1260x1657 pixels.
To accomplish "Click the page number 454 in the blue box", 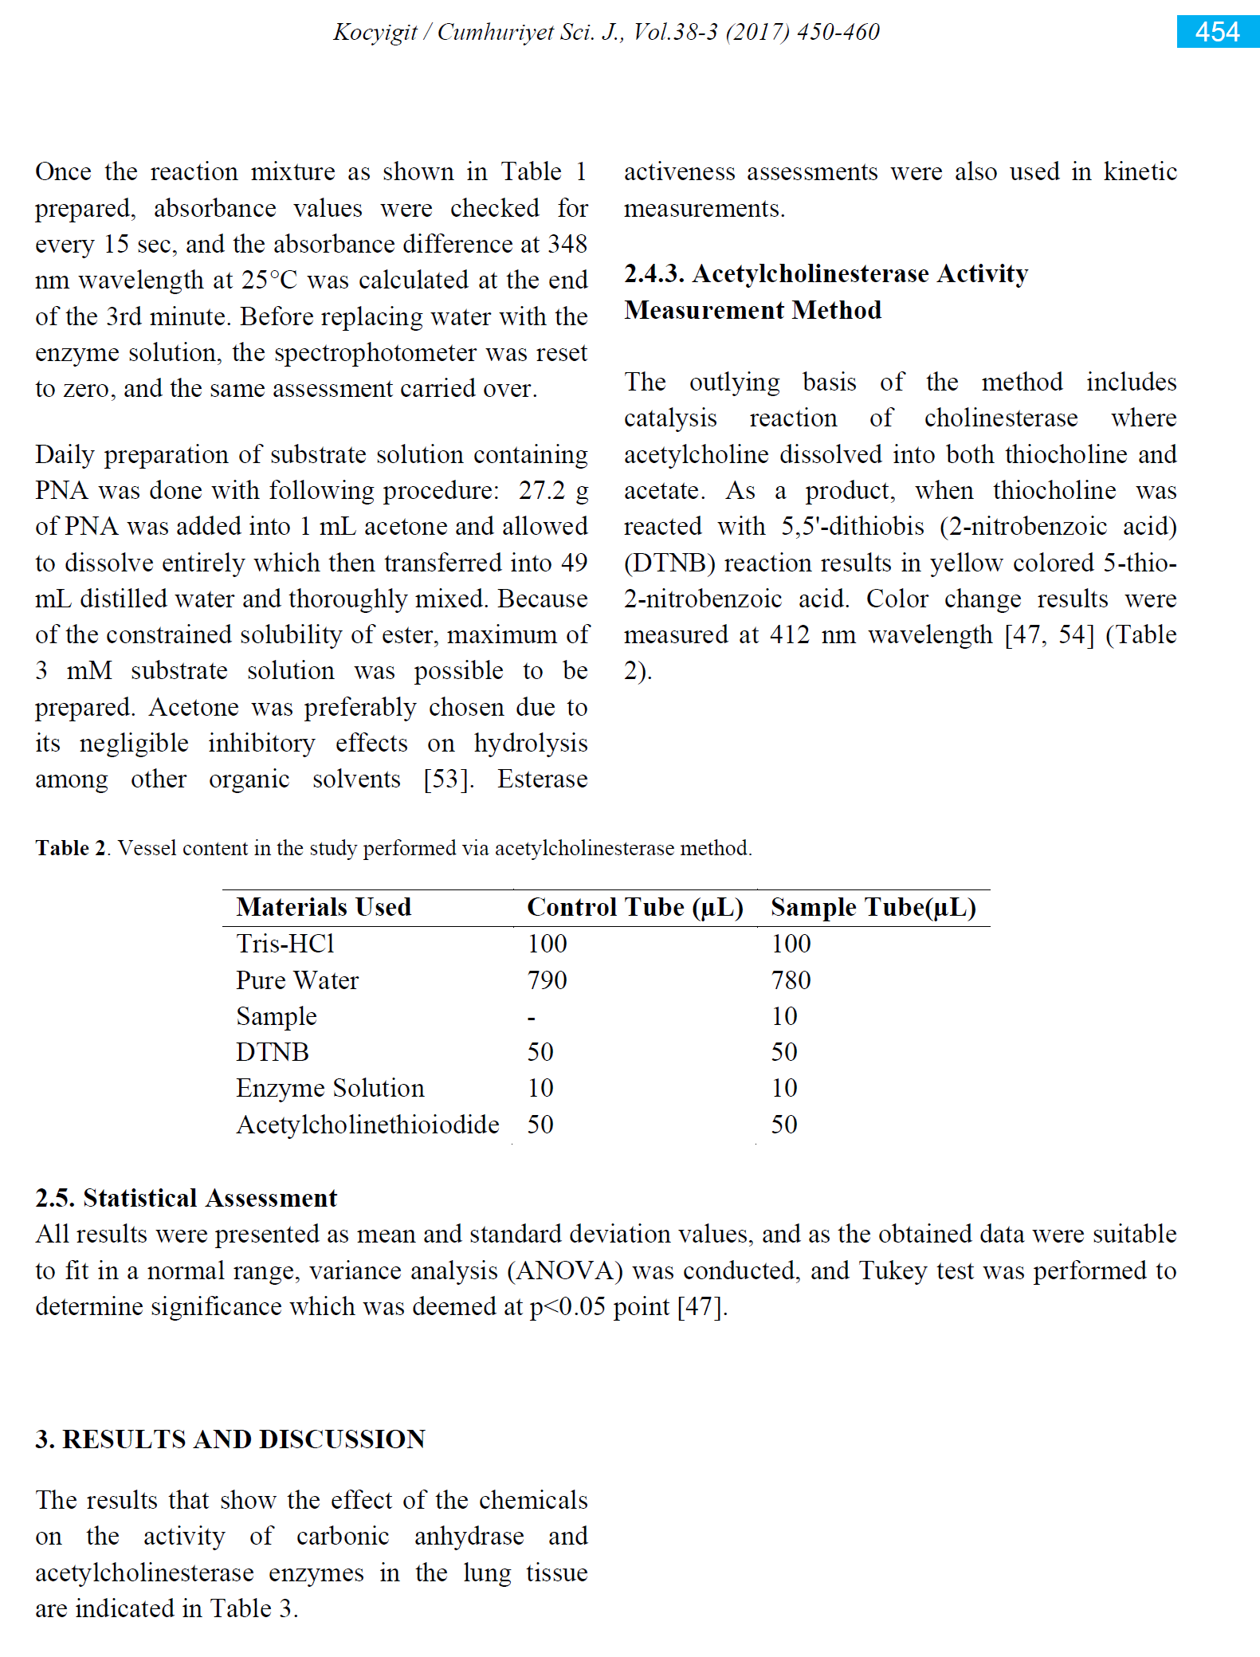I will tap(1216, 32).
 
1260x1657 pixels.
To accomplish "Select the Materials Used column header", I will tap(324, 907).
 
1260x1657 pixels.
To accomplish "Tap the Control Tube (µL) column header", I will tap(634, 907).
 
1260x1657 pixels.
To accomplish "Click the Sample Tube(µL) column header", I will tap(873, 907).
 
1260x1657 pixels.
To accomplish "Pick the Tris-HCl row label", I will tap(285, 944).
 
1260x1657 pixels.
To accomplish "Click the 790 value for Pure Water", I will tap(547, 980).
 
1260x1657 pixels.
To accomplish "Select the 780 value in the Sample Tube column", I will tap(791, 980).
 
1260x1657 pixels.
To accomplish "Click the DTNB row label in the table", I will tap(272, 1052).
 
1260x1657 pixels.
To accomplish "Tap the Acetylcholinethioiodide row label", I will tap(367, 1125).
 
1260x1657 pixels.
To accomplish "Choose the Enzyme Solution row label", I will tap(330, 1088).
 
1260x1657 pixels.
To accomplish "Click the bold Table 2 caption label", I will tap(71, 848).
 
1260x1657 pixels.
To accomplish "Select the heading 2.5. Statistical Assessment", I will tap(186, 1198).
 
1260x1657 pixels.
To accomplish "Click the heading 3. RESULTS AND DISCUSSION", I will tap(230, 1439).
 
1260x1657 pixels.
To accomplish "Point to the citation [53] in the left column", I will tap(448, 779).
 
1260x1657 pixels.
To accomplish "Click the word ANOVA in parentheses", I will tap(565, 1270).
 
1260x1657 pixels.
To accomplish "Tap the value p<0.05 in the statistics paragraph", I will tap(567, 1307).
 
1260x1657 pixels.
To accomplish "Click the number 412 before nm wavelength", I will tap(790, 635).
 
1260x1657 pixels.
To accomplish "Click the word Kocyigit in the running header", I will tap(375, 32).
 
